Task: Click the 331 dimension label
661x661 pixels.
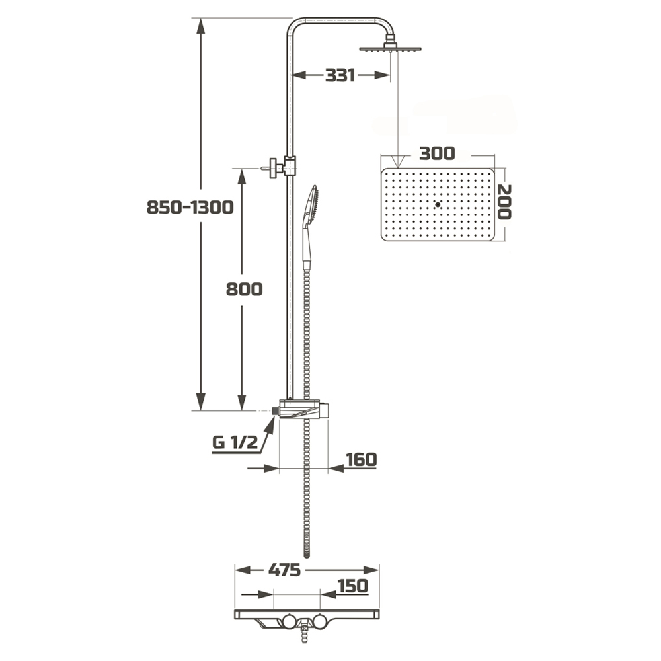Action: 340,75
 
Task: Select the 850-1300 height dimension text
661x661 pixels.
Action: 190,208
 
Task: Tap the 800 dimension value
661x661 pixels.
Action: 244,290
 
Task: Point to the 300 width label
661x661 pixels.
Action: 437,153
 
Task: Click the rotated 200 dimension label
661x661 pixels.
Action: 504,202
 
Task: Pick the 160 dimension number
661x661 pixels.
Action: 362,459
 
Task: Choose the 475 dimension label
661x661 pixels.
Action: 284,570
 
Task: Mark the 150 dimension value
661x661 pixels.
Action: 353,586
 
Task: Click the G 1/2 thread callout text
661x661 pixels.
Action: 235,442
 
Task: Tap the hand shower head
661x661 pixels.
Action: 312,206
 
